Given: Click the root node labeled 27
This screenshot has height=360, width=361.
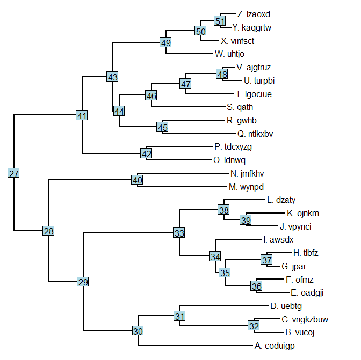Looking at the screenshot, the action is [13, 173].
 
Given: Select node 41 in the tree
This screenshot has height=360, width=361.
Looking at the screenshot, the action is [82, 115].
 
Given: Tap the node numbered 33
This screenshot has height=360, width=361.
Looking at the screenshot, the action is [179, 233].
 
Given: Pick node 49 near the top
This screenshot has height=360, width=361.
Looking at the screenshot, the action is [165, 42].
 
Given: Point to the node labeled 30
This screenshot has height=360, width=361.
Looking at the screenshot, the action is [138, 331].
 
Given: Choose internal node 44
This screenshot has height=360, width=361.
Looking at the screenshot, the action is [119, 111].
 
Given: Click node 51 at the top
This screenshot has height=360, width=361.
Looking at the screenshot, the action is [220, 21].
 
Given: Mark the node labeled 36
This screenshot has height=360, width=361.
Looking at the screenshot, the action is [256, 286].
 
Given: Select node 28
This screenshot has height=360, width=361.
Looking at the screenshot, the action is [48, 231].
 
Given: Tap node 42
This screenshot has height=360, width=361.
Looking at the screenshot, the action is [147, 153].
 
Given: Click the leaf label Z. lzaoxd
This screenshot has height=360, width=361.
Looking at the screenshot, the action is [254, 14].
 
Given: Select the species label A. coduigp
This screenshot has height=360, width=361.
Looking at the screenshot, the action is [275, 346].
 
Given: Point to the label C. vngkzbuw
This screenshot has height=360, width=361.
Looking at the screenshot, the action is [305, 320].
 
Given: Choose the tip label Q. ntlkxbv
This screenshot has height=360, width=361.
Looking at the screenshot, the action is [255, 134].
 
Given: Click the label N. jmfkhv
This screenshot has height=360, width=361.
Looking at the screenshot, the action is [247, 174].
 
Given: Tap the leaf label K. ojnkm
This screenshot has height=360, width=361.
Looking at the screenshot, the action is [303, 214].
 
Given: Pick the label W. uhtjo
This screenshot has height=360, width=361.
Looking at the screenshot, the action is [229, 54].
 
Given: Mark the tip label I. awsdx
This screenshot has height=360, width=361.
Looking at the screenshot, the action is [278, 240].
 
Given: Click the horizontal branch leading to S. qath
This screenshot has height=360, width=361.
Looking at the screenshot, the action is [189, 107].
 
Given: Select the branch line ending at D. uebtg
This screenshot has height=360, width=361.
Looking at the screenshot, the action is [224, 306].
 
